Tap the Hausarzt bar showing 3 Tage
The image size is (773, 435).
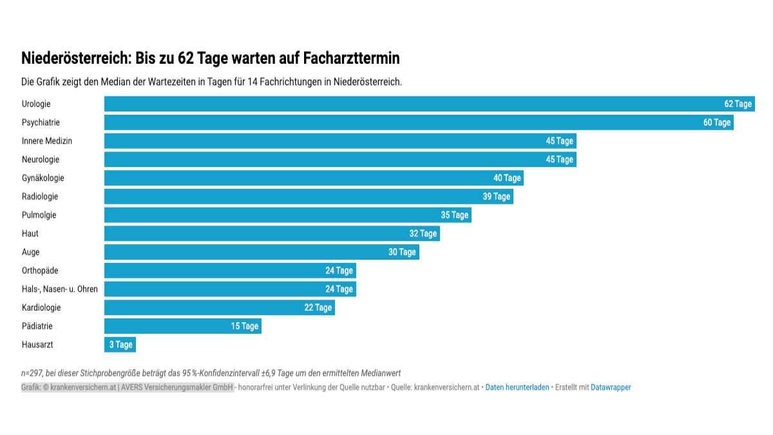coord(120,345)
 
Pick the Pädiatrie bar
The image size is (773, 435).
coord(182,326)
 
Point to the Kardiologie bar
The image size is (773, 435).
coord(219,307)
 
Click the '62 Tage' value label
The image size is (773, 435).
coord(738,104)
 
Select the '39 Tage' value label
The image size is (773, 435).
coord(496,197)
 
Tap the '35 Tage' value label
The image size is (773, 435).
coord(454,215)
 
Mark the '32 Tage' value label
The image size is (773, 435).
coord(423,233)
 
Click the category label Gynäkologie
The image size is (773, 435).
coord(43,178)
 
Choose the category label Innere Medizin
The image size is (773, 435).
coord(47,140)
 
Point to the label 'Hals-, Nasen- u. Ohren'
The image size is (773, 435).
coord(60,289)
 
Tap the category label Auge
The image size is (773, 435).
coord(30,252)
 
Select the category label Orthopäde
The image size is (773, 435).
coord(40,271)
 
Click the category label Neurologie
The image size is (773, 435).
coord(41,159)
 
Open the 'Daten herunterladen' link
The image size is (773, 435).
coord(517,387)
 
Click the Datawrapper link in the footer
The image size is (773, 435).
coord(611,387)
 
